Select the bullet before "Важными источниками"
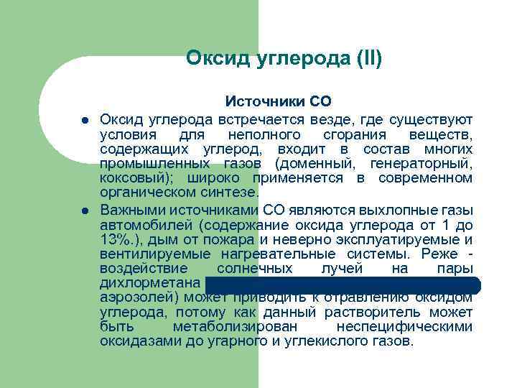84,211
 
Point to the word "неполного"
261,136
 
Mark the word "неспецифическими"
411,326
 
